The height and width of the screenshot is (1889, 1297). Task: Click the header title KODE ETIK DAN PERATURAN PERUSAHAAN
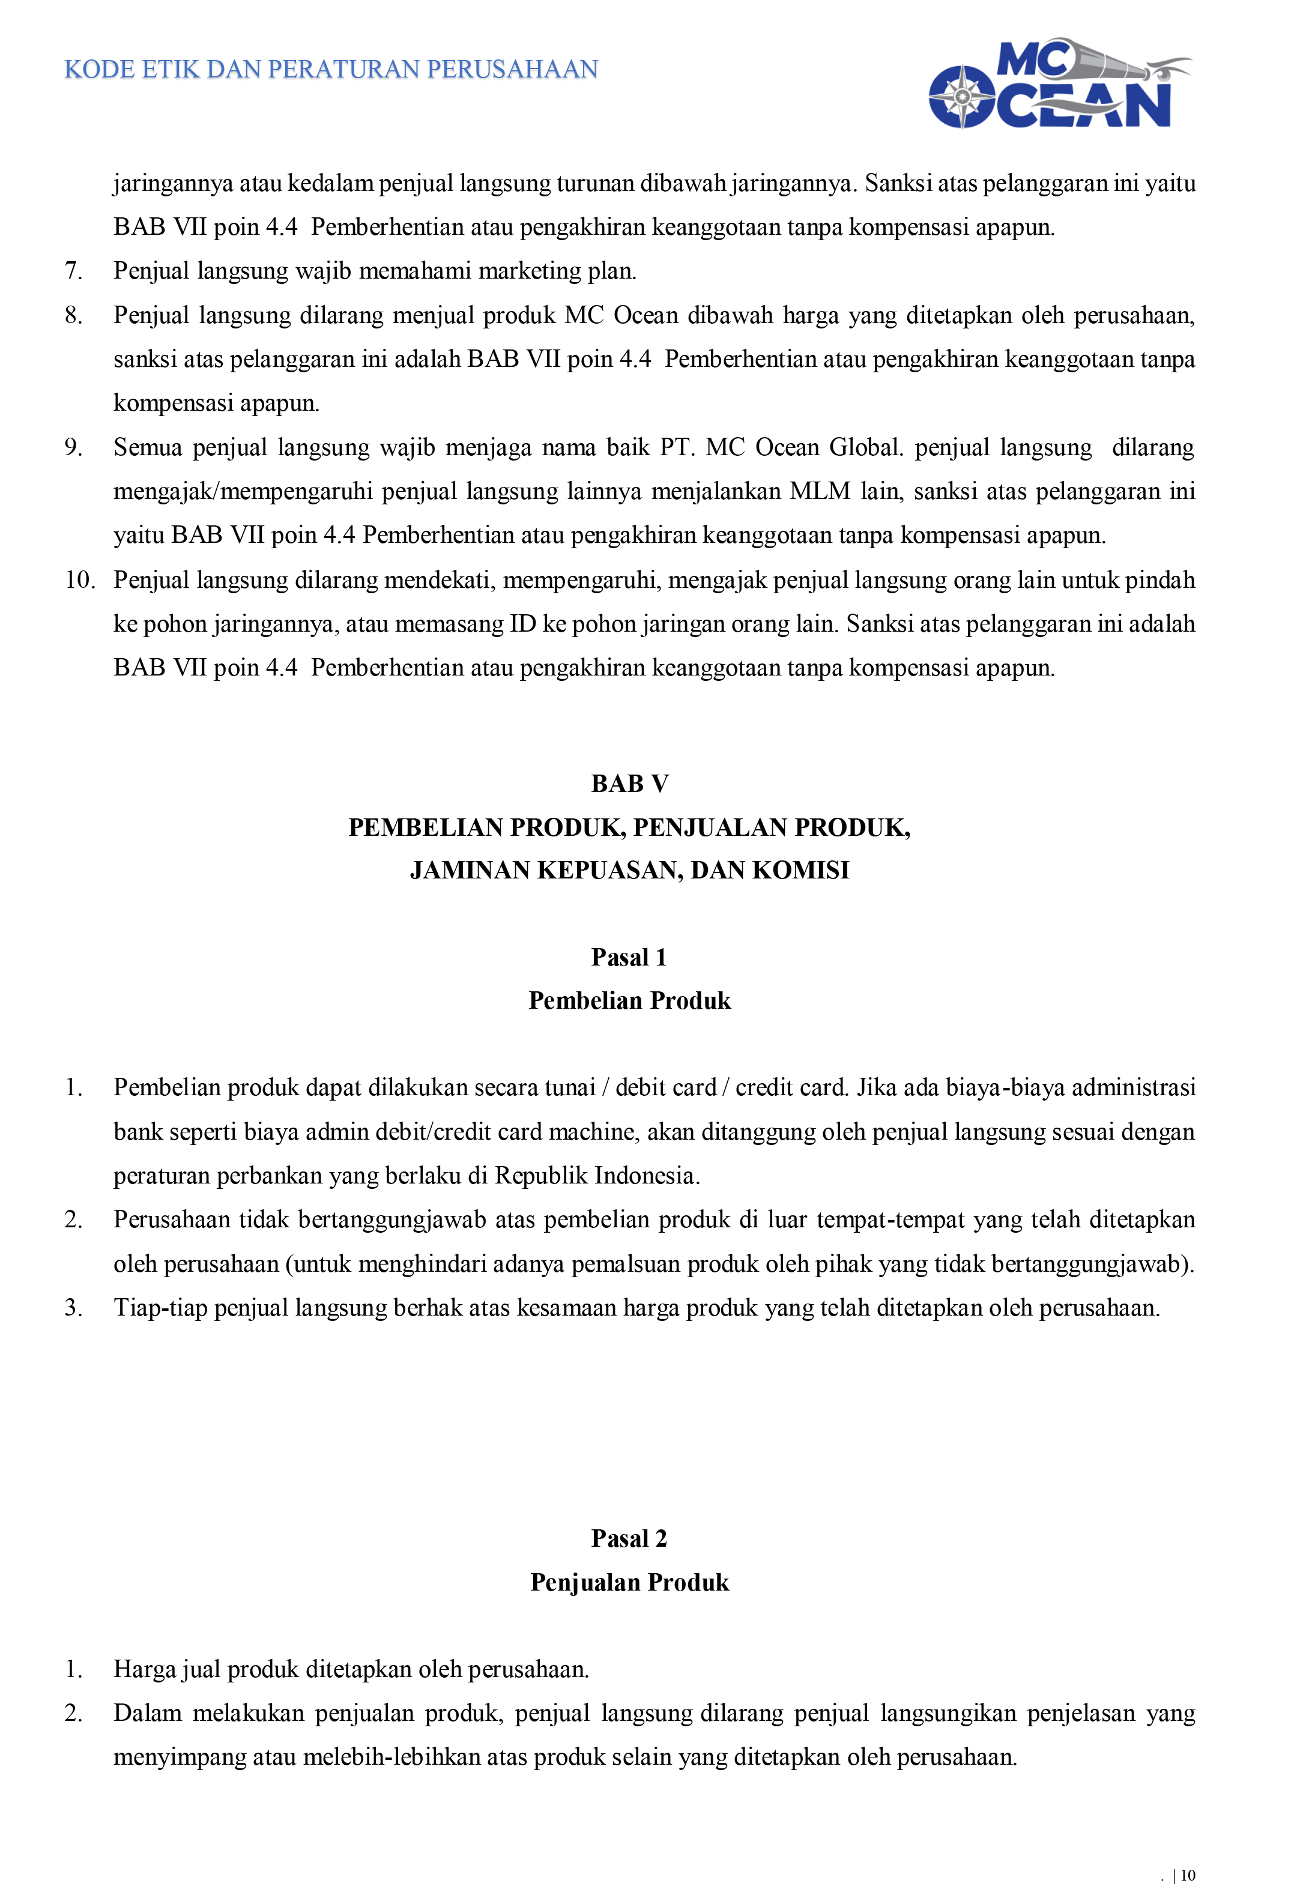[331, 69]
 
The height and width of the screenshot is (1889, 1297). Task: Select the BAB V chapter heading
[629, 784]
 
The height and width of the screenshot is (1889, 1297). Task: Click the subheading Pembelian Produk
[629, 1000]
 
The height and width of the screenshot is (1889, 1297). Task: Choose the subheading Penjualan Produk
[629, 1583]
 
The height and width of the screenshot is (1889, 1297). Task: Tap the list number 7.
[74, 271]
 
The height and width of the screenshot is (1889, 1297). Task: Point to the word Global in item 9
[865, 448]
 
